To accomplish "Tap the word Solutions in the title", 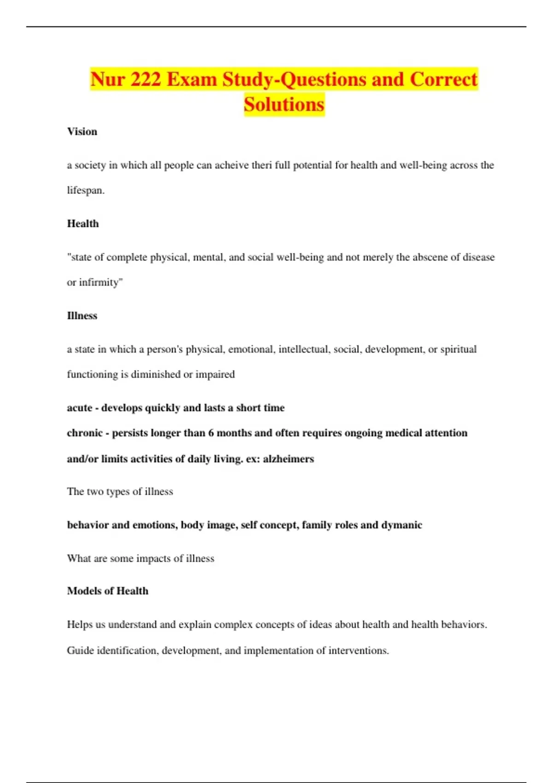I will (284, 105).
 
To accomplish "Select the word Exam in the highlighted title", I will (191, 79).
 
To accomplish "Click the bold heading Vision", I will (82, 132).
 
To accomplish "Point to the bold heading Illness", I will (82, 316).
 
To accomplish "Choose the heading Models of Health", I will (107, 591).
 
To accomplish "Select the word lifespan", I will (85, 190).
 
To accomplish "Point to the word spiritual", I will (458, 350).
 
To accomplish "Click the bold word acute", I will (79, 408).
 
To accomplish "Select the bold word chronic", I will (84, 433).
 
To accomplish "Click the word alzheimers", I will (288, 459).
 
